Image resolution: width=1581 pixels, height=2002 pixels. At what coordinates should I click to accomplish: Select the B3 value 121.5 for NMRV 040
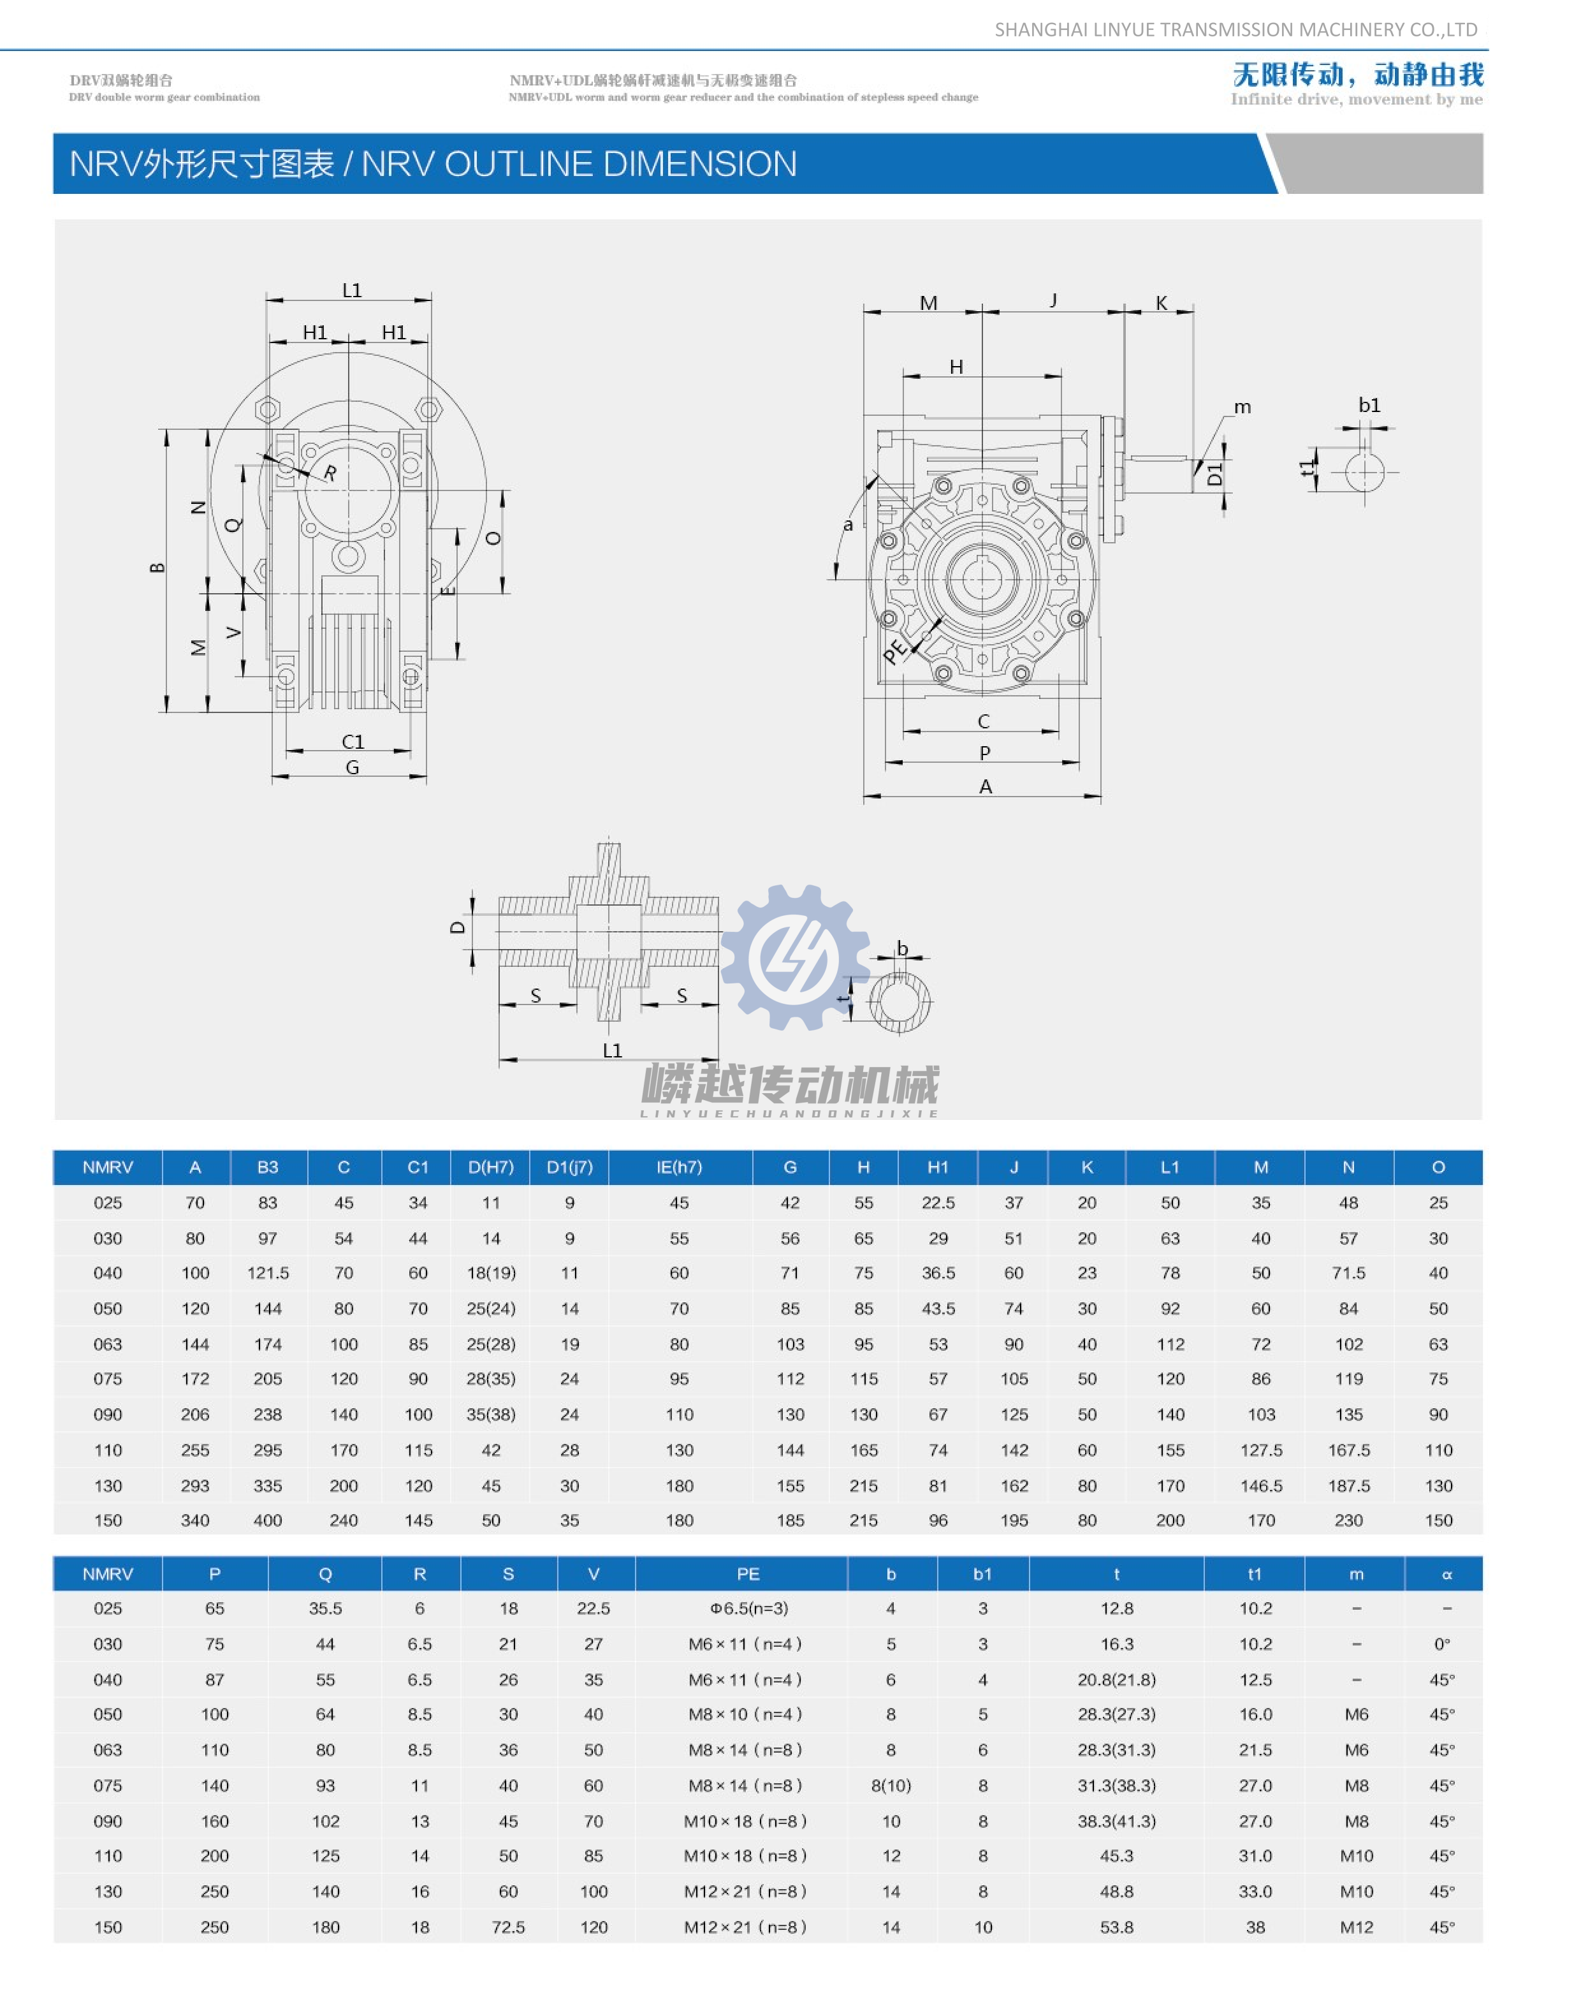[x=268, y=1273]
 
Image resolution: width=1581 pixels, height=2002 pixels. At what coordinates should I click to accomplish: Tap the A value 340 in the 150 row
[x=195, y=1520]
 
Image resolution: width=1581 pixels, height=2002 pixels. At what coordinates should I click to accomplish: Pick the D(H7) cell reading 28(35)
[x=491, y=1379]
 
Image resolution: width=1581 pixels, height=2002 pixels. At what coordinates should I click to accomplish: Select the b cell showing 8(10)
[x=891, y=1785]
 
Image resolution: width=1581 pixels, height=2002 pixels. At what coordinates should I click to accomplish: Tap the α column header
[x=1446, y=1574]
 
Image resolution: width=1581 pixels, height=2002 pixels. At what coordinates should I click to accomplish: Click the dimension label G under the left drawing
[x=352, y=768]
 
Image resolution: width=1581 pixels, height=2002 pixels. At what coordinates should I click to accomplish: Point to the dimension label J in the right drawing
[x=1053, y=300]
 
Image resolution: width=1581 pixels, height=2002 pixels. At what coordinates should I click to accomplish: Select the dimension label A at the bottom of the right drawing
[x=986, y=787]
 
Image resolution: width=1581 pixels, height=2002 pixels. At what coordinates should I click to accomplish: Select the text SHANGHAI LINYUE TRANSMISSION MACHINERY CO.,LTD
[x=1235, y=29]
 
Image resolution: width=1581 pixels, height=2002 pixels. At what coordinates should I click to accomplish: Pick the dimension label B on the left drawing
[x=157, y=568]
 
